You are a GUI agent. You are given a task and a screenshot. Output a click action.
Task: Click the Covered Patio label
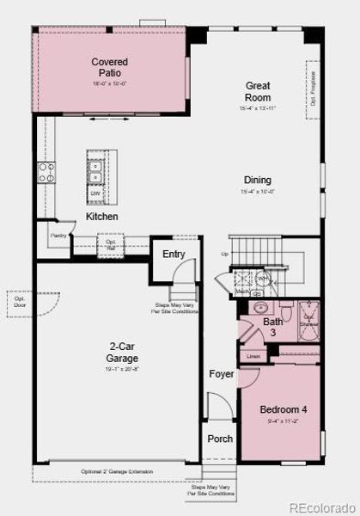coord(110,67)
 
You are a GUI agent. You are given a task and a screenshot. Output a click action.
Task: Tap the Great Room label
coord(258,91)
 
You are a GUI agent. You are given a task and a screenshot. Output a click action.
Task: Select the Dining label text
coord(258,180)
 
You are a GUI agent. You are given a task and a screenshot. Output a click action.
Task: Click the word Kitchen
coord(101,217)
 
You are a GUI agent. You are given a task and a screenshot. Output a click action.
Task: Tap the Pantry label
coord(58,235)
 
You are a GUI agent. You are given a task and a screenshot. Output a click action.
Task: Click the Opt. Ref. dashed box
coord(111,244)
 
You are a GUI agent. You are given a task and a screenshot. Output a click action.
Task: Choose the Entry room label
coord(174,254)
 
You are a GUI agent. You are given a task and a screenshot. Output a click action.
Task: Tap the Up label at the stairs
coord(224,254)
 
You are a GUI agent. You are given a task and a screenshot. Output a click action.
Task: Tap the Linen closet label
coord(253,356)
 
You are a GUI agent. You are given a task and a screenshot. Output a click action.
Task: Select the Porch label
coord(220,439)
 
